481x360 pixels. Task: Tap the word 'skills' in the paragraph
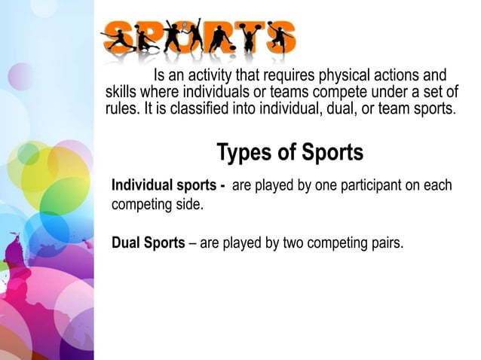pos(119,92)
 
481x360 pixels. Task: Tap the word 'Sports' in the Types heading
pos(332,152)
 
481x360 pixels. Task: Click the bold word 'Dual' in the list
pos(126,243)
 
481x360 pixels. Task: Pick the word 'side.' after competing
pos(188,203)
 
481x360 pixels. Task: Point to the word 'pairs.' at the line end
pos(384,243)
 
